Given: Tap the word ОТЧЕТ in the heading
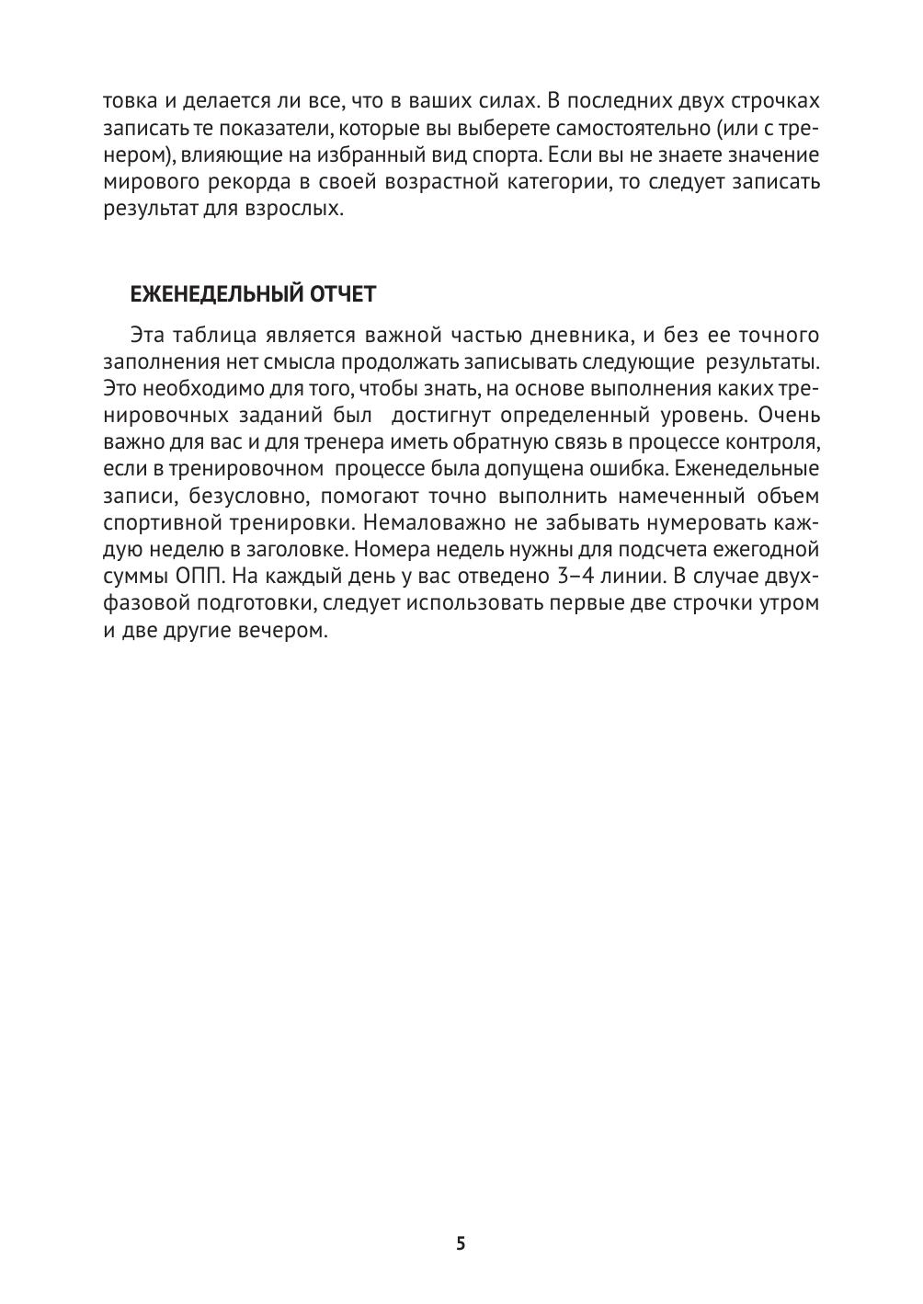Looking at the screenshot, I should point(346,294).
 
